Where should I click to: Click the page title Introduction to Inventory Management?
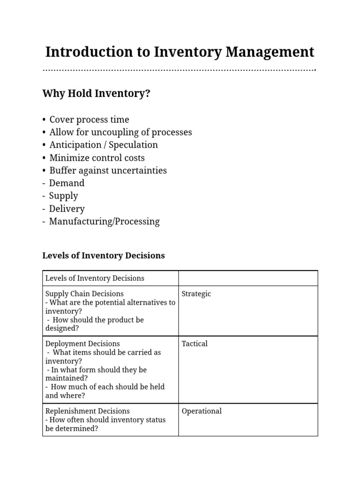click(x=180, y=52)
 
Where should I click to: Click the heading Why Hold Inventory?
click(x=96, y=93)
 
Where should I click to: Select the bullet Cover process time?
click(x=89, y=120)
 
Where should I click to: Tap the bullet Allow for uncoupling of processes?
click(x=120, y=132)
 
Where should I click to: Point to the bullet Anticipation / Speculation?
click(x=104, y=145)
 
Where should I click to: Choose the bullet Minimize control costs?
click(x=97, y=158)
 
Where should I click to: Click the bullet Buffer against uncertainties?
click(x=108, y=171)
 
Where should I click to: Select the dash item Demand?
click(x=67, y=183)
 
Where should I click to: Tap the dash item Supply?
click(x=63, y=196)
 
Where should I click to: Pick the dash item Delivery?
click(x=67, y=209)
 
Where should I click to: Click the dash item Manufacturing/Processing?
click(x=104, y=222)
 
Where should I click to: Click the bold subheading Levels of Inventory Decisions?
click(x=104, y=255)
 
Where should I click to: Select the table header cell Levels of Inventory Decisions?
click(x=95, y=278)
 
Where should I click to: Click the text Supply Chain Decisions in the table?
click(x=84, y=294)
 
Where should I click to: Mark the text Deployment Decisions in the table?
click(x=82, y=344)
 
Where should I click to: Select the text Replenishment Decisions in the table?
click(x=87, y=411)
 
